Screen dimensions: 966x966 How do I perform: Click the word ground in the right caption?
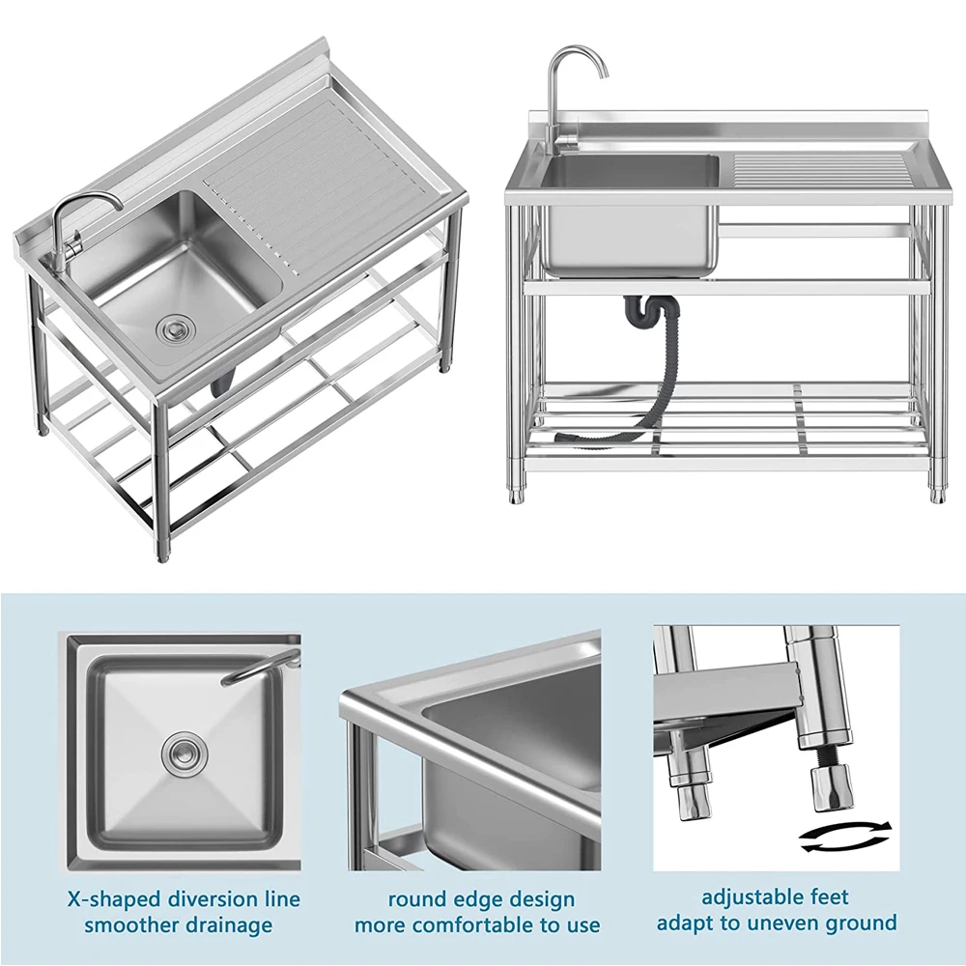(x=859, y=923)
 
